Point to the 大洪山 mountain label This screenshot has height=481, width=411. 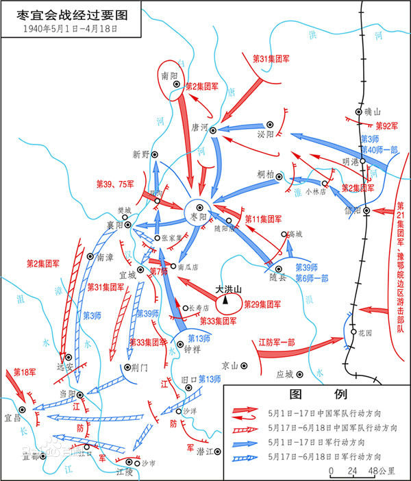(228, 289)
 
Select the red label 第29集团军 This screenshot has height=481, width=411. (264, 304)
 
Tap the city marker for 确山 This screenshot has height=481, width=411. (358, 112)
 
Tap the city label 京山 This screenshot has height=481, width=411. (230, 366)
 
